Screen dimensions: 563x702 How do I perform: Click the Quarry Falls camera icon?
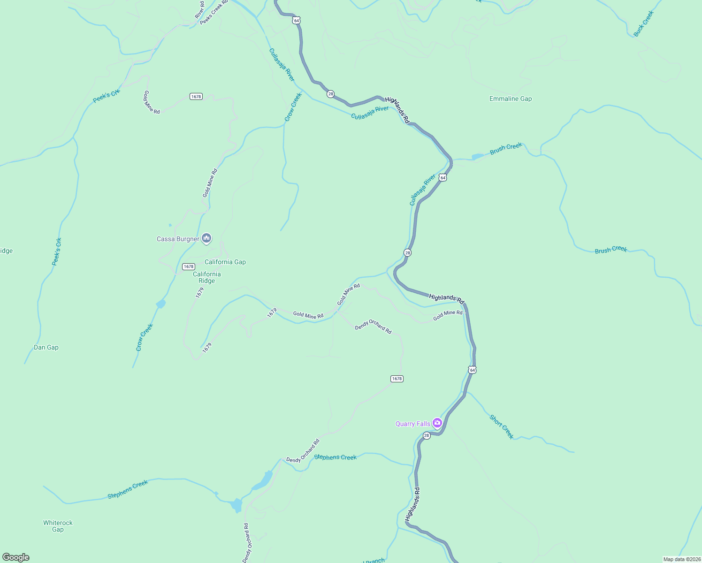[x=437, y=423]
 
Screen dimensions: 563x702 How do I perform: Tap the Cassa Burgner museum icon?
[x=206, y=238]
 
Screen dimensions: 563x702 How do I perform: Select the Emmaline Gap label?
[x=511, y=99]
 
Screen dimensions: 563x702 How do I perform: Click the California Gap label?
[x=225, y=262]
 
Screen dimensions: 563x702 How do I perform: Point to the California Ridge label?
[x=206, y=277]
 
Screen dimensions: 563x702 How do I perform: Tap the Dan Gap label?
[x=46, y=347]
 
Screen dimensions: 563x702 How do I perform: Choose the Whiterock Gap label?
[x=58, y=526]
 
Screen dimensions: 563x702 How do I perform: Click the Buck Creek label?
[x=643, y=24]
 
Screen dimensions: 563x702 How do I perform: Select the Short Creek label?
[x=502, y=426]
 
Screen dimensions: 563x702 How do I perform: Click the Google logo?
[x=16, y=557]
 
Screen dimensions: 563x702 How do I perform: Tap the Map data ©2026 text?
[x=682, y=559]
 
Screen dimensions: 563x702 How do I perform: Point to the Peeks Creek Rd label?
[x=214, y=13]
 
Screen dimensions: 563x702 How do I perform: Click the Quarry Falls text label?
[x=412, y=424]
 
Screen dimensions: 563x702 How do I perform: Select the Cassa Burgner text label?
[x=178, y=239]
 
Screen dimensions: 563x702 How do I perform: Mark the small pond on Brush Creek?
[x=477, y=156]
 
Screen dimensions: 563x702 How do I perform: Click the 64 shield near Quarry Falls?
[x=472, y=370]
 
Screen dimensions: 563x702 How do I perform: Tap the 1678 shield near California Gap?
[x=188, y=266]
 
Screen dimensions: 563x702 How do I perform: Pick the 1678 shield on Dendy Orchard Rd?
[x=397, y=379]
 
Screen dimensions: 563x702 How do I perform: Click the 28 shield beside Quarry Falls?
[x=426, y=436]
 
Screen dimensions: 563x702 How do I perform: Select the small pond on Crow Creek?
[x=161, y=304]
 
